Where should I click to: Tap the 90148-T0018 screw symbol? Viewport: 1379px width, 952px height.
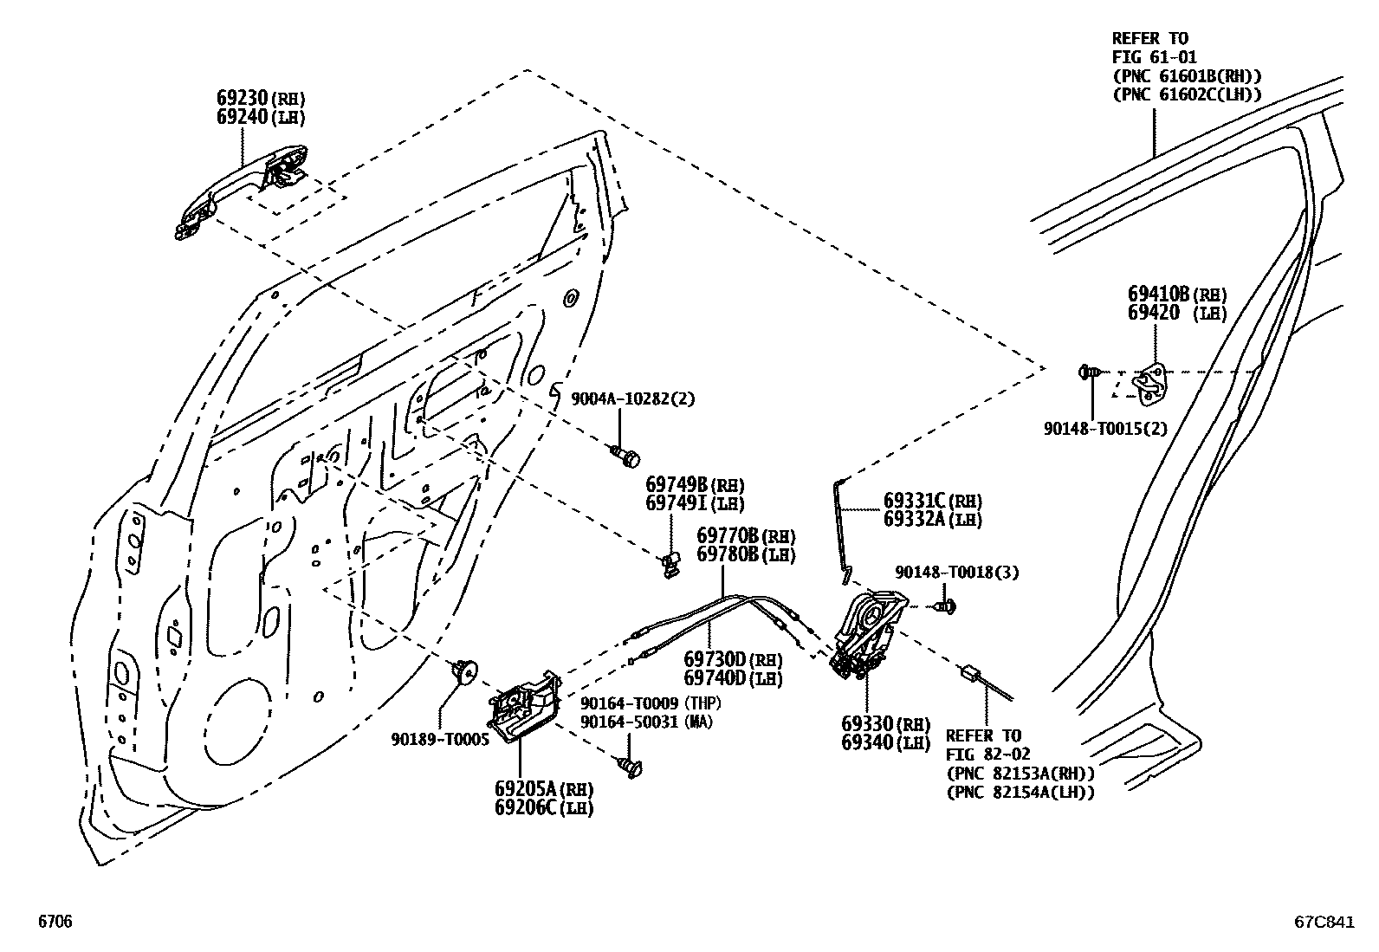[x=947, y=606]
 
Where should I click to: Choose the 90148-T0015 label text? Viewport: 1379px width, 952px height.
[x=1104, y=428]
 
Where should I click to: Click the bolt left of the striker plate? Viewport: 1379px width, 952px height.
[x=1088, y=372]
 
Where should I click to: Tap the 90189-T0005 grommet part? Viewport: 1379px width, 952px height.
[x=465, y=670]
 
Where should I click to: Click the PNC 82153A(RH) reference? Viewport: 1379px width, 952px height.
[x=1020, y=774]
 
